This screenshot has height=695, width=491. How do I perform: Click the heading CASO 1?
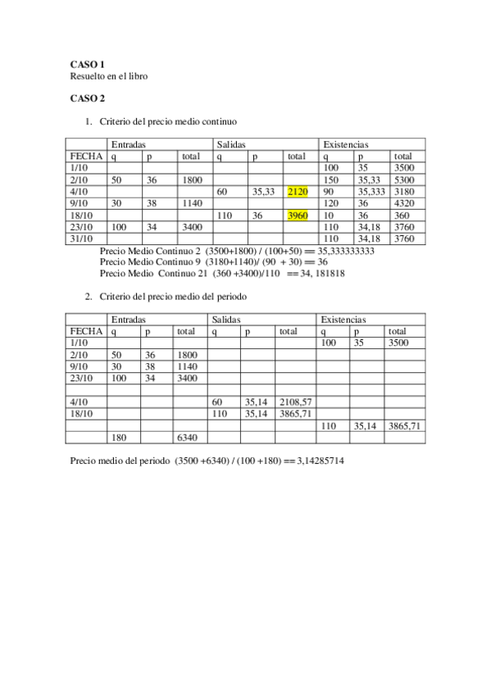click(88, 64)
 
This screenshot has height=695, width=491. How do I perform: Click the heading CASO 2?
click(88, 98)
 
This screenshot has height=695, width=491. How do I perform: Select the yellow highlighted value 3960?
click(298, 216)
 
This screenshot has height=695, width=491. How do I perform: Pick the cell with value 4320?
click(402, 203)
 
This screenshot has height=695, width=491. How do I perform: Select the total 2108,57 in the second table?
click(295, 402)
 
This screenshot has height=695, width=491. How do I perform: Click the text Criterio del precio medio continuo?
click(168, 121)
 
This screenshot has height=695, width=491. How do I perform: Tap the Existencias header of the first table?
click(346, 145)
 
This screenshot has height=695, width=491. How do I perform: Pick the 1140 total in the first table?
click(191, 203)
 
